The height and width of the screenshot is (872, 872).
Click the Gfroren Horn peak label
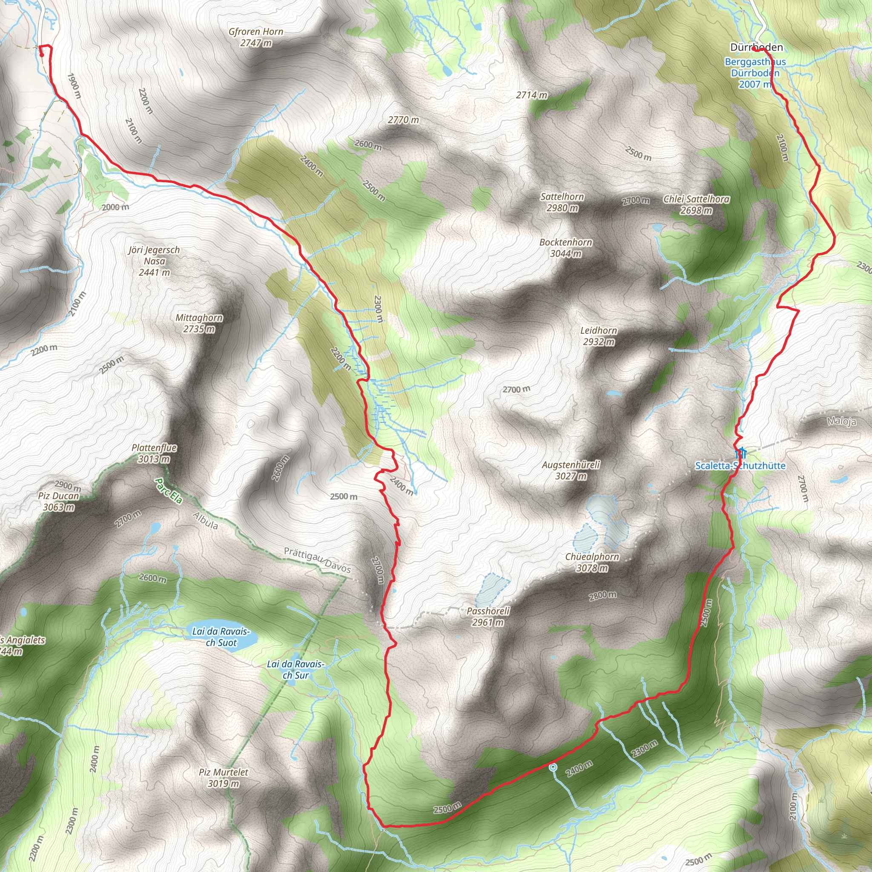click(x=256, y=37)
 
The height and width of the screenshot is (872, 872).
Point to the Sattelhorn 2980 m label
click(x=562, y=202)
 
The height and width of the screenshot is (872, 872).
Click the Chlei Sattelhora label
click(x=697, y=204)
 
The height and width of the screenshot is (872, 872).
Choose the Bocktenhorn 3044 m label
click(x=566, y=248)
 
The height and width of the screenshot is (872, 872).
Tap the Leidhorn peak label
click(x=599, y=336)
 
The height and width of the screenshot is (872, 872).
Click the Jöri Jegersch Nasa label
click(x=155, y=261)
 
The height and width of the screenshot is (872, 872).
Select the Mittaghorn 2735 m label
click(x=199, y=323)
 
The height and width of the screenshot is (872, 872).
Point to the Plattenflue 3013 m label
click(x=155, y=453)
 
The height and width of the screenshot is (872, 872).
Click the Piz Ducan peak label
click(x=59, y=502)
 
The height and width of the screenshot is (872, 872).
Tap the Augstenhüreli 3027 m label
click(x=571, y=470)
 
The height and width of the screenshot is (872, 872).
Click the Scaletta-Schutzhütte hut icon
click(x=741, y=452)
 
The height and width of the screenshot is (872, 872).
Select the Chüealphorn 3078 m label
click(x=592, y=562)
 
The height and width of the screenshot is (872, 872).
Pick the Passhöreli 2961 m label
click(x=488, y=617)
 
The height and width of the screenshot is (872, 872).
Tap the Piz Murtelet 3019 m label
click(x=224, y=777)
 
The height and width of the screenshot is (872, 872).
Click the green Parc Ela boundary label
click(x=168, y=491)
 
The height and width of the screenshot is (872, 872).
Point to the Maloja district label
click(x=842, y=422)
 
